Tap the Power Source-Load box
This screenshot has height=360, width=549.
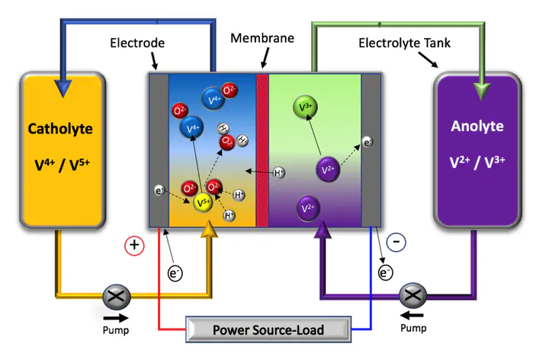(268, 330)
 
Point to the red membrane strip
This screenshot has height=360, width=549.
(263, 149)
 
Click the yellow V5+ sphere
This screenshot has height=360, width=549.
(203, 202)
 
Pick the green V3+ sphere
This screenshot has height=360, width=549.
(306, 109)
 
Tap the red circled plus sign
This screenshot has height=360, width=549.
(134, 246)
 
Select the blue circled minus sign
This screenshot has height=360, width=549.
(396, 242)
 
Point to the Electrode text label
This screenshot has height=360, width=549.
(138, 43)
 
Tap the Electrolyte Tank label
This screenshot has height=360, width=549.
(405, 43)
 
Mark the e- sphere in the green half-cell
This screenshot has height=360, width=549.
(368, 142)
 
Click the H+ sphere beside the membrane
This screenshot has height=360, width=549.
(279, 173)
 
